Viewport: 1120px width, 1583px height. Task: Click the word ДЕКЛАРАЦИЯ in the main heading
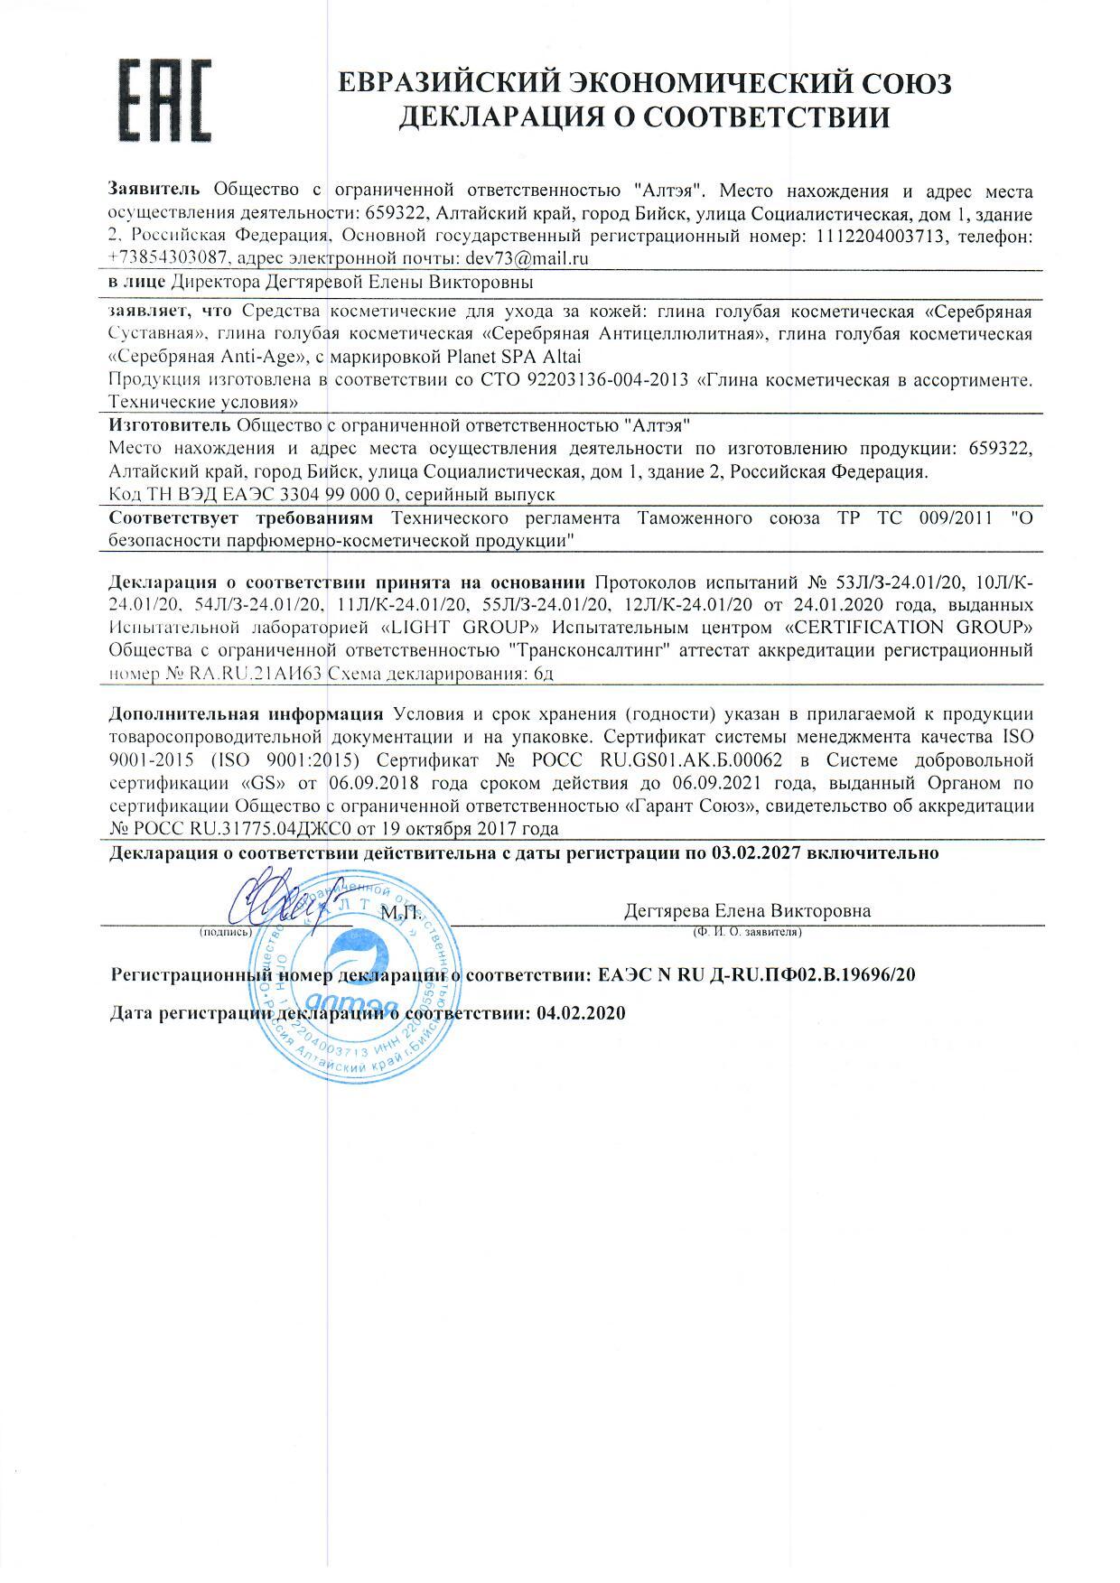496,117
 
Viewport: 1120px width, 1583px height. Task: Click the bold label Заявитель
158,191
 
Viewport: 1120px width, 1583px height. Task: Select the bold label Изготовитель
169,424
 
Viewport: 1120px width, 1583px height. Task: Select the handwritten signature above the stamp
283,897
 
